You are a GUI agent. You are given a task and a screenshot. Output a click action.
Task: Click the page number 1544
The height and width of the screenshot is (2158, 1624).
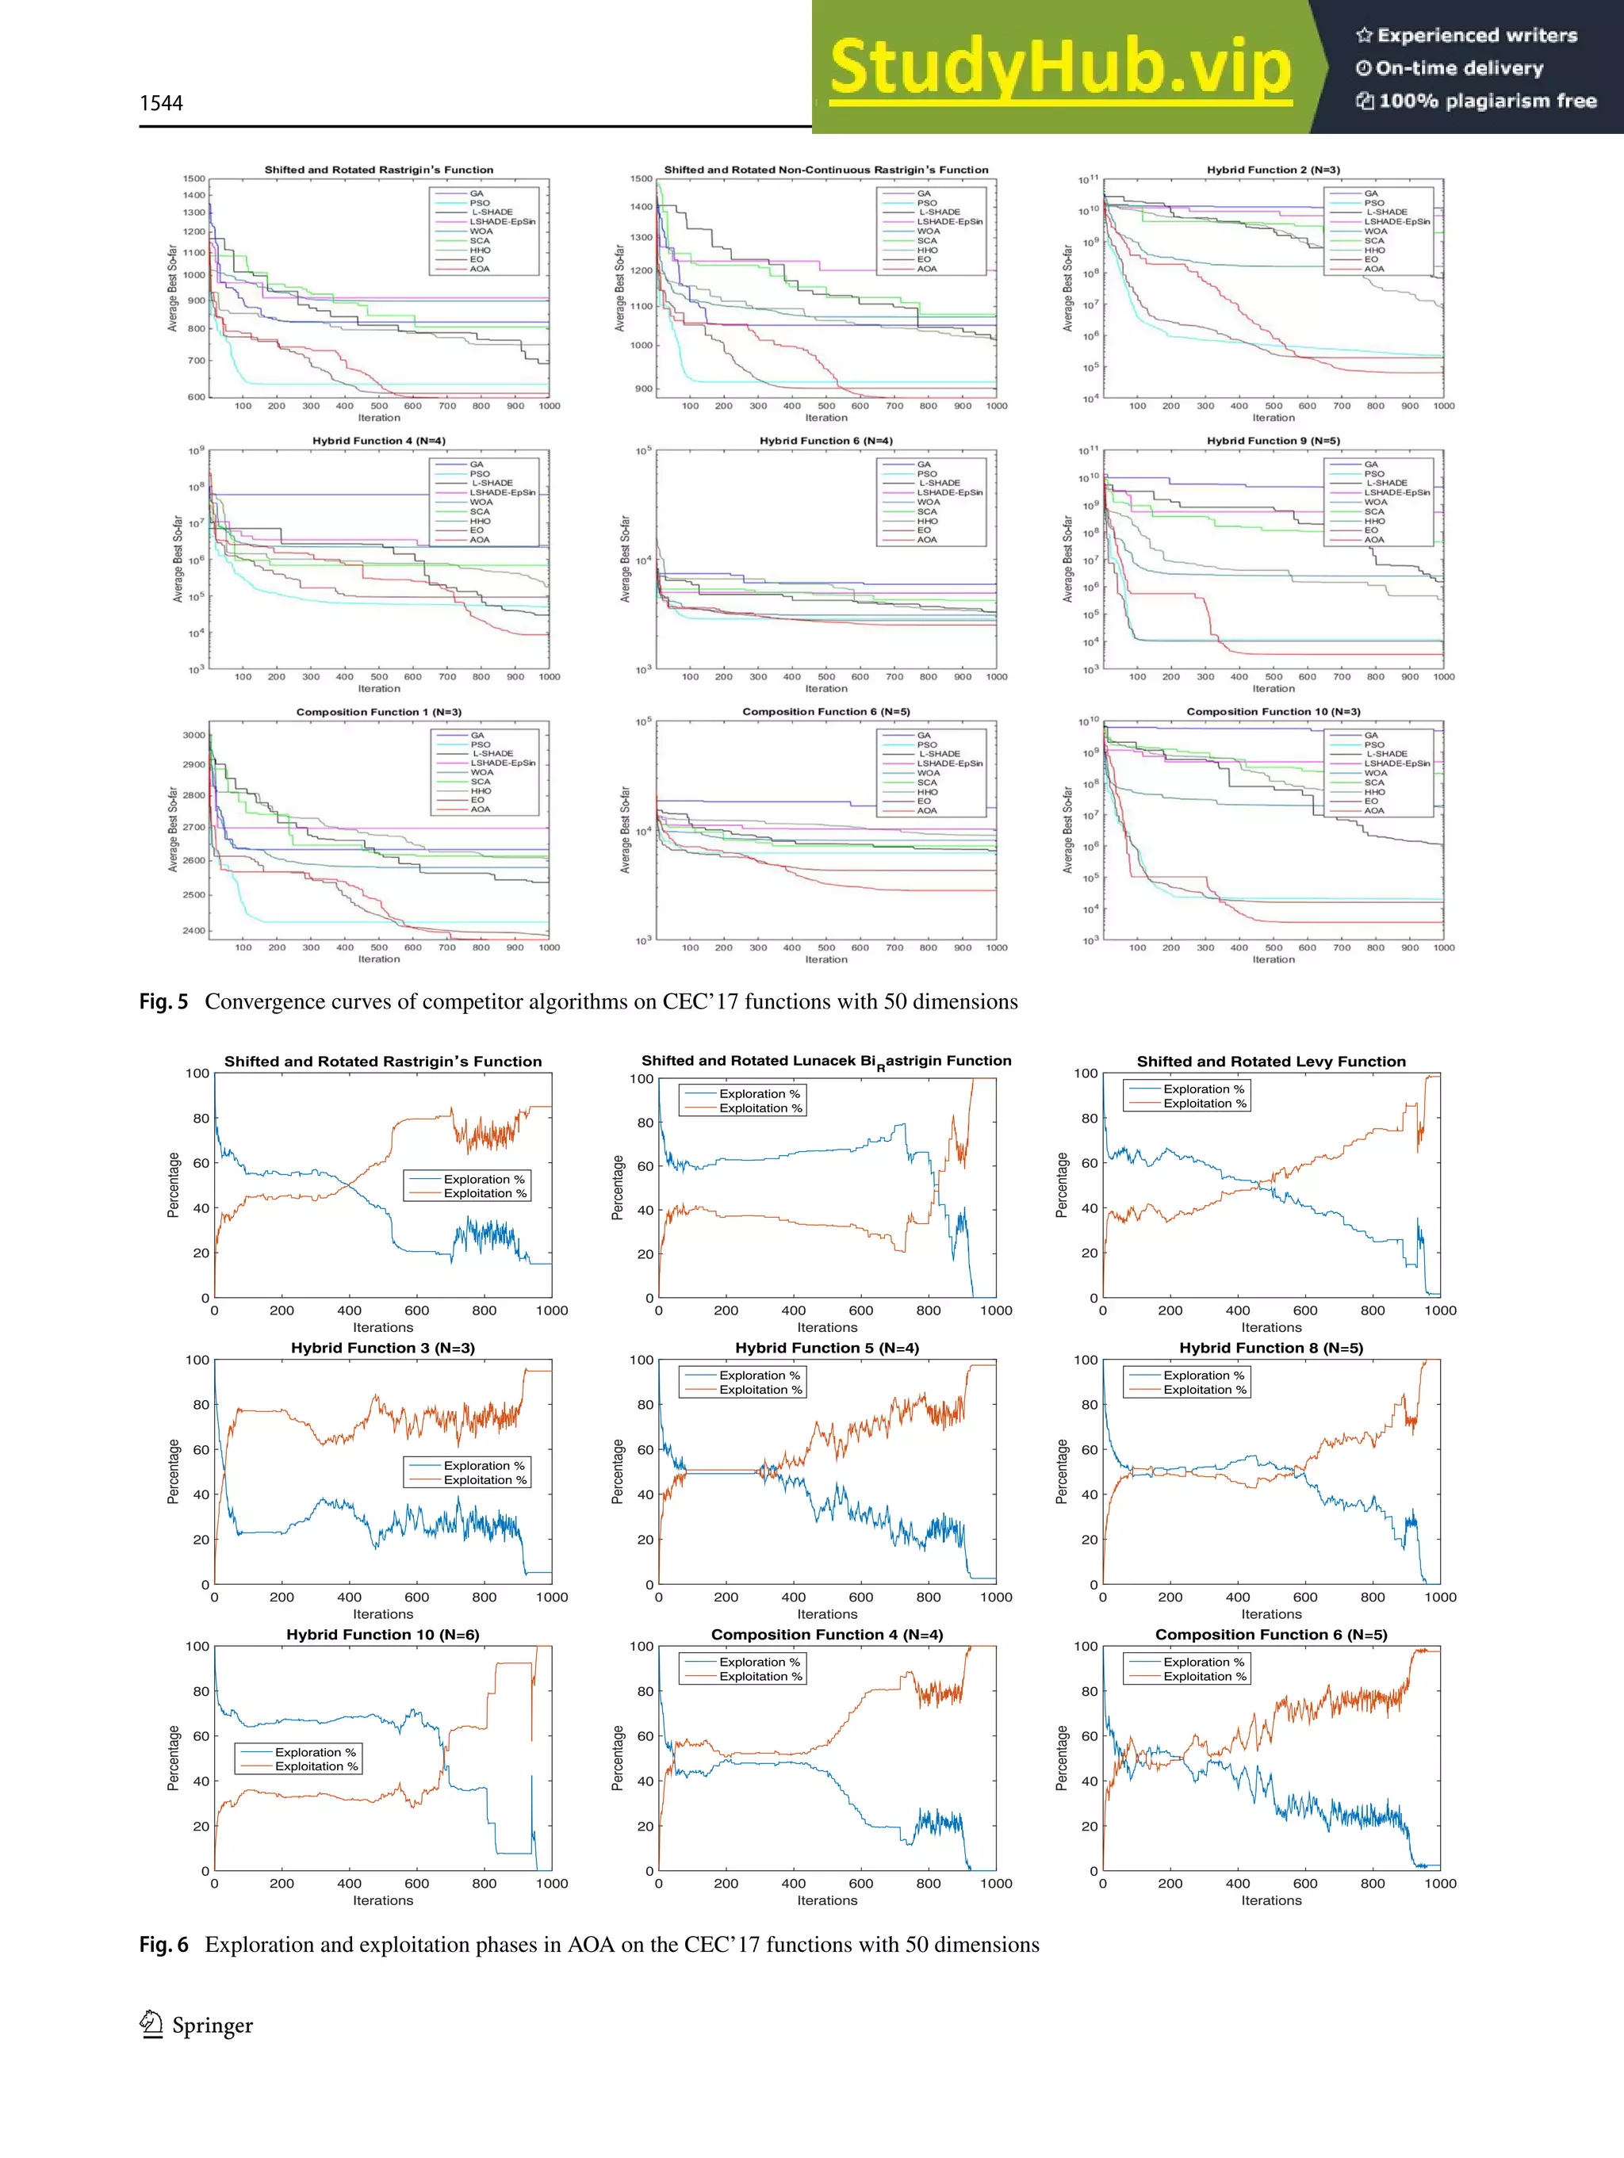pos(161,103)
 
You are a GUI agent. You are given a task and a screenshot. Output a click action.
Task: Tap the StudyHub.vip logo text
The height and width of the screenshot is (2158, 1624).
pos(1060,67)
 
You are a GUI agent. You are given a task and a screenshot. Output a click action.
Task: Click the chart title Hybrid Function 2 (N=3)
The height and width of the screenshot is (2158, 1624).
pos(1273,170)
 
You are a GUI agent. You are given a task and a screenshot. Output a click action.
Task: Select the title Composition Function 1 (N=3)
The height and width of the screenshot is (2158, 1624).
pos(379,712)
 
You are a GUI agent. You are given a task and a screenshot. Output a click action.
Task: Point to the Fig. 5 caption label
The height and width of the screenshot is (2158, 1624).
pos(163,1002)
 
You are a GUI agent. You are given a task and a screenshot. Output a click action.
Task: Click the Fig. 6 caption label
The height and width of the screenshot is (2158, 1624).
pos(163,1945)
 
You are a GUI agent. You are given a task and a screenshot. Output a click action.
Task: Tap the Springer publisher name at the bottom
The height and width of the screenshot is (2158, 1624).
pos(212,2026)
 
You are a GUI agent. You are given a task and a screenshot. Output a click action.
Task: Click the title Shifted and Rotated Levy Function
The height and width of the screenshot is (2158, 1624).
pos(1270,1062)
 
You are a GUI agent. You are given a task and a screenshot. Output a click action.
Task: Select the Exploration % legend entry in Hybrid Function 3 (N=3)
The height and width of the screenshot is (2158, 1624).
pos(483,1465)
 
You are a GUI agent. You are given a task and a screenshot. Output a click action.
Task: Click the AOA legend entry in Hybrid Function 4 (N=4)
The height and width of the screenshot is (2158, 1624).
pos(479,539)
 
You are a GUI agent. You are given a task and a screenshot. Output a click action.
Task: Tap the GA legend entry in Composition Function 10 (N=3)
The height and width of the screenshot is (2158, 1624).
pos(1370,736)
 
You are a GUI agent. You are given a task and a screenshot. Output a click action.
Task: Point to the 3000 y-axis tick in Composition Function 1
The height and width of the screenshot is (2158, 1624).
pos(193,736)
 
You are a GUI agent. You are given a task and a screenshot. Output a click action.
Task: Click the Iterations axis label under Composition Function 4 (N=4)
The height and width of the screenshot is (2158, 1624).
pos(826,1900)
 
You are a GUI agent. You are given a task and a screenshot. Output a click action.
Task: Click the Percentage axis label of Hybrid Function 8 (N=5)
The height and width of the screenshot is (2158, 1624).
pos(1061,1471)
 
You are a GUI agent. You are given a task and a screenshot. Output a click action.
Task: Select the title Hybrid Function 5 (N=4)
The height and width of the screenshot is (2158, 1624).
pos(826,1349)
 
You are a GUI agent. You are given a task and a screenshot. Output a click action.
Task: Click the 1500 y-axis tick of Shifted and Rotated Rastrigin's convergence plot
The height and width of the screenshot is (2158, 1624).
pos(193,178)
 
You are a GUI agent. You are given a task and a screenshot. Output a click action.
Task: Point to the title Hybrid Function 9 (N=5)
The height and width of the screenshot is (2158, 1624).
pos(1273,441)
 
